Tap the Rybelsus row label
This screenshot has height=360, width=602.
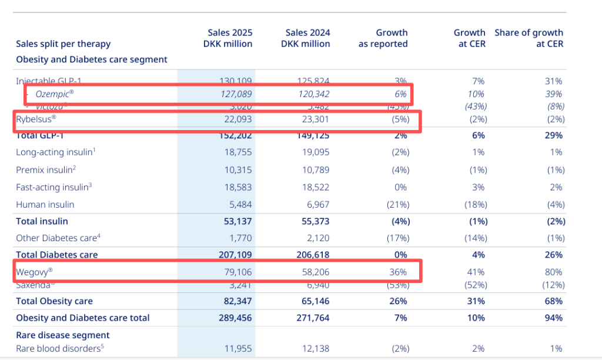click(x=36, y=119)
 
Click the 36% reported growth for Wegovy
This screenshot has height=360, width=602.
click(x=398, y=272)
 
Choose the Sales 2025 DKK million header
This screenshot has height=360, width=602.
click(x=230, y=38)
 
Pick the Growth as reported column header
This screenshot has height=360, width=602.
click(x=383, y=38)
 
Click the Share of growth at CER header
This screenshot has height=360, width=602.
click(x=529, y=38)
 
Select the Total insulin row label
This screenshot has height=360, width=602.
click(x=42, y=221)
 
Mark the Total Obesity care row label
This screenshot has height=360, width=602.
click(x=54, y=301)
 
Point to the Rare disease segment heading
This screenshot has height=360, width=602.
click(x=63, y=335)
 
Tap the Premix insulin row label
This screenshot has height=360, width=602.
click(x=45, y=169)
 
